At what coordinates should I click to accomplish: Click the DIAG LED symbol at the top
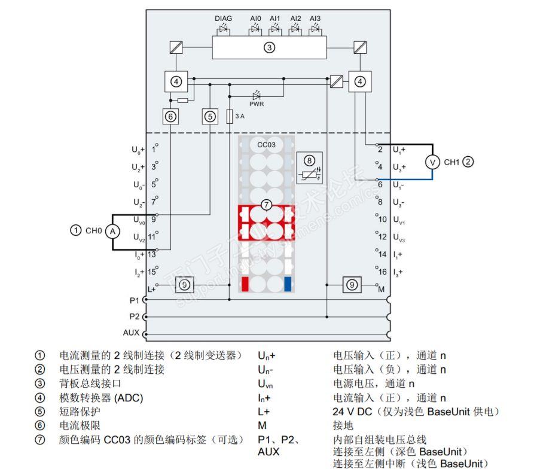click(x=224, y=29)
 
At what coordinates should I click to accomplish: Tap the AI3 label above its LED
click(x=315, y=19)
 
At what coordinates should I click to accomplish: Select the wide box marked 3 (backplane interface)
click(x=269, y=47)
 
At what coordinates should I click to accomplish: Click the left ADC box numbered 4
click(x=175, y=81)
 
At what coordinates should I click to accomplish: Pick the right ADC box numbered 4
click(x=360, y=81)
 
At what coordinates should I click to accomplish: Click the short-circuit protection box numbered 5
click(x=210, y=117)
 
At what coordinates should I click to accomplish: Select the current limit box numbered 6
click(x=171, y=117)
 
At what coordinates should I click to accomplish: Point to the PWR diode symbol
click(x=257, y=95)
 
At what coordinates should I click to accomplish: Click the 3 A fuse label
click(x=239, y=116)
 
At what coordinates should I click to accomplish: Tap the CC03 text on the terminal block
click(x=266, y=145)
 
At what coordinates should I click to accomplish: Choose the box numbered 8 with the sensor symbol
click(x=309, y=167)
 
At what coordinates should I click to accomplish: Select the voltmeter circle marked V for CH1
click(x=432, y=162)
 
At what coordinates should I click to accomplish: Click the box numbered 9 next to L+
click(x=185, y=285)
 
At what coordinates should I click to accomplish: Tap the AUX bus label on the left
click(x=131, y=333)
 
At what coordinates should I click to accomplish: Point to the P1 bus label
click(x=133, y=300)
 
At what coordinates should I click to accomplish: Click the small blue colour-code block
click(x=288, y=284)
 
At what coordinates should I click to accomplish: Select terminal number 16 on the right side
click(x=383, y=272)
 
